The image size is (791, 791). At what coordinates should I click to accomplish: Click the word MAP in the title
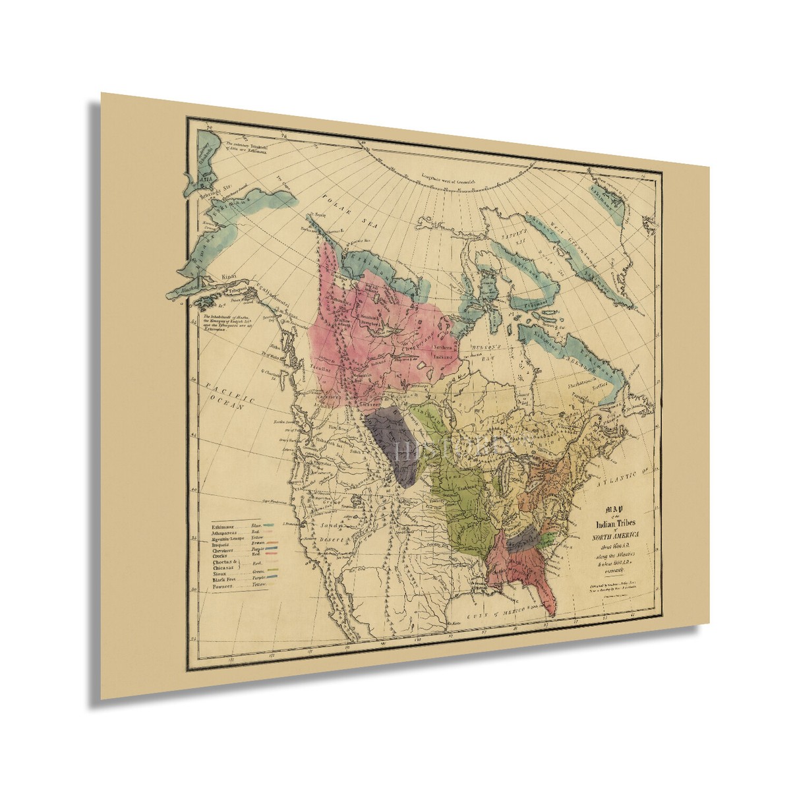(614, 510)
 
